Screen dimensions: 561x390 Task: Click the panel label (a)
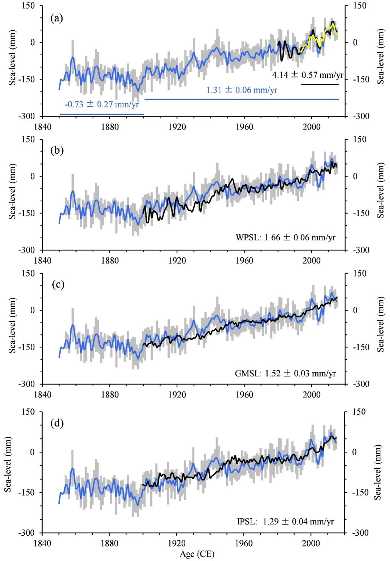pyautogui.click(x=57, y=18)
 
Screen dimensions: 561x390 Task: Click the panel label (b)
pyautogui.click(x=57, y=150)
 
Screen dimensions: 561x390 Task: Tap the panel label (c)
pyautogui.click(x=58, y=284)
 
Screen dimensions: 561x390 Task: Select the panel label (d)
pyautogui.click(x=57, y=423)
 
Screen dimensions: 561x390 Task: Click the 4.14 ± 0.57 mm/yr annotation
pyautogui.click(x=307, y=75)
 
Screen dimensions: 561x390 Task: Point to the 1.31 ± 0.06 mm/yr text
pyautogui.click(x=242, y=90)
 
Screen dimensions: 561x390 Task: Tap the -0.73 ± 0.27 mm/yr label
pyautogui.click(x=102, y=104)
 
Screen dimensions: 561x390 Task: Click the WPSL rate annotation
pyautogui.click(x=285, y=237)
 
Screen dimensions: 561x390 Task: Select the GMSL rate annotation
pyautogui.click(x=285, y=373)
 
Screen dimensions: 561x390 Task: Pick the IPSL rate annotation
pyautogui.click(x=285, y=521)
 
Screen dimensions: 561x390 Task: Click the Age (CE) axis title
pyautogui.click(x=197, y=554)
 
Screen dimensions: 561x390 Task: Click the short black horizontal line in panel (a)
pyautogui.click(x=320, y=84)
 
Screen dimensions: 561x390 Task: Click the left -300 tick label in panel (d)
pyautogui.click(x=26, y=533)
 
